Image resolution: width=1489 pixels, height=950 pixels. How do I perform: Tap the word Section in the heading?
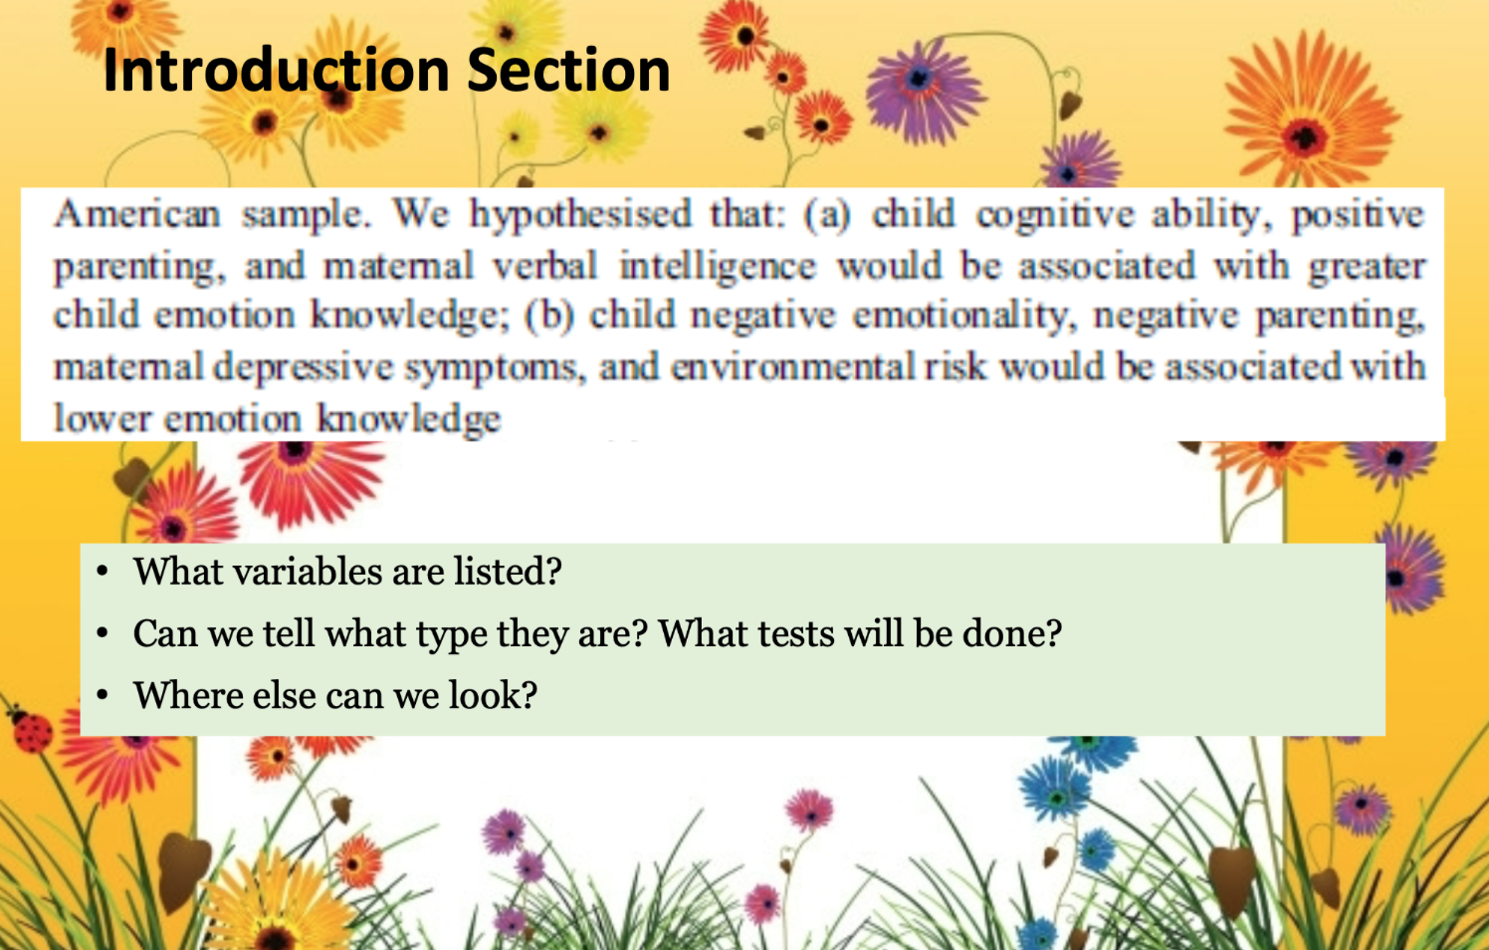568,71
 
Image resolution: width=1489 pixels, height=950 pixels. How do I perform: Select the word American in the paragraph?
137,214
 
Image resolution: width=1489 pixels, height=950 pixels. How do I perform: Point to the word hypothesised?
580,215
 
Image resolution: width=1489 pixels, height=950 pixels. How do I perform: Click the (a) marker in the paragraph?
827,215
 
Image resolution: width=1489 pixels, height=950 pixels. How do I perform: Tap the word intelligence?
717,267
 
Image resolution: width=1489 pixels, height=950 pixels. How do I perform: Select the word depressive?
304,367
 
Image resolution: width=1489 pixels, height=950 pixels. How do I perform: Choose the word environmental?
792,366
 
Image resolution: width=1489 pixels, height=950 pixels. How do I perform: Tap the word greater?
1366,267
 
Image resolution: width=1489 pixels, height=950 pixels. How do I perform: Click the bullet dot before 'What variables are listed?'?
103,572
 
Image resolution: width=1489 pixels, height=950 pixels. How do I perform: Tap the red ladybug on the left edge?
30,732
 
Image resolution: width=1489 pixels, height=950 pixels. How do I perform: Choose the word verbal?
545,266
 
